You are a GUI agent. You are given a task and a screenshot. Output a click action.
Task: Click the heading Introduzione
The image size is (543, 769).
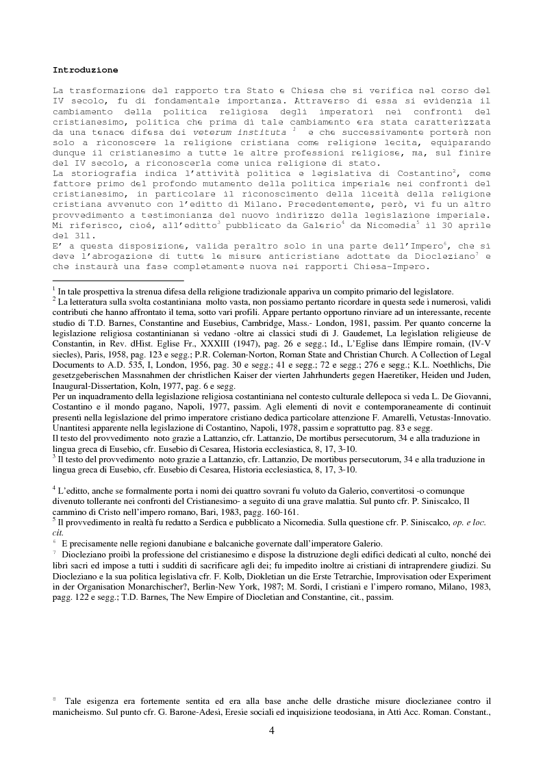(85, 70)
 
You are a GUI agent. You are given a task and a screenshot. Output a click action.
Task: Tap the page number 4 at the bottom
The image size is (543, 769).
(272, 731)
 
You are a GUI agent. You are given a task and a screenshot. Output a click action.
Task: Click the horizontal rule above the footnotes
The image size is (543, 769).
(118, 280)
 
